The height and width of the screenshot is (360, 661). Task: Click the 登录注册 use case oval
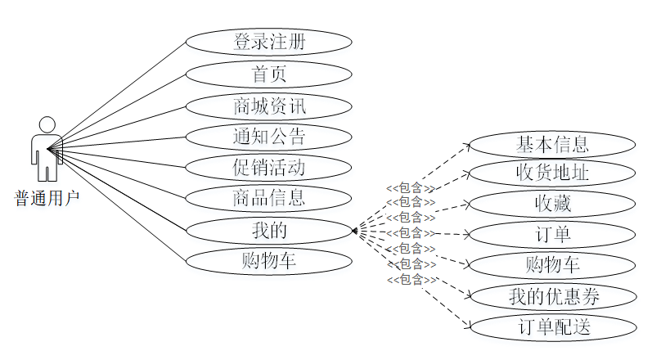click(x=268, y=42)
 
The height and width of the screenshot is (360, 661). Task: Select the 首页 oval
click(x=268, y=74)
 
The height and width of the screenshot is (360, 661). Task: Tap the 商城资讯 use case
click(x=268, y=106)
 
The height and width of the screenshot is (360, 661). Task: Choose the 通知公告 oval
click(x=268, y=137)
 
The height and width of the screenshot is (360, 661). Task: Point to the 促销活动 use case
click(x=268, y=168)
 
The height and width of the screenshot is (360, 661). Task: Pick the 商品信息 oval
click(x=268, y=198)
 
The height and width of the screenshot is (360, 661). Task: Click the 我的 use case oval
click(x=268, y=231)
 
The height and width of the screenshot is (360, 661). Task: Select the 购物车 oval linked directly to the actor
click(x=268, y=261)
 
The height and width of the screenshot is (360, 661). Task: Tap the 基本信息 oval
click(x=552, y=145)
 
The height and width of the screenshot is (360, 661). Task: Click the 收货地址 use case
click(x=552, y=173)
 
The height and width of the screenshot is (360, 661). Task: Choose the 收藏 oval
click(x=552, y=204)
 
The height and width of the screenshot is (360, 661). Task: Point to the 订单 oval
click(x=552, y=235)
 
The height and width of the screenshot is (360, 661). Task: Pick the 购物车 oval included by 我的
click(x=552, y=265)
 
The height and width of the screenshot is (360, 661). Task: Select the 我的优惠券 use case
click(x=552, y=296)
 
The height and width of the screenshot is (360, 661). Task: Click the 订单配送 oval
click(x=552, y=326)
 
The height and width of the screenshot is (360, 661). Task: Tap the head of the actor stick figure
click(x=47, y=124)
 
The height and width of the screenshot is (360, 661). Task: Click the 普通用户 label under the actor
click(x=47, y=197)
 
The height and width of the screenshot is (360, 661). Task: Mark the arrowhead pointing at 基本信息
click(x=467, y=145)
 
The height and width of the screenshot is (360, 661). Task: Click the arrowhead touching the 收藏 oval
click(x=467, y=203)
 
